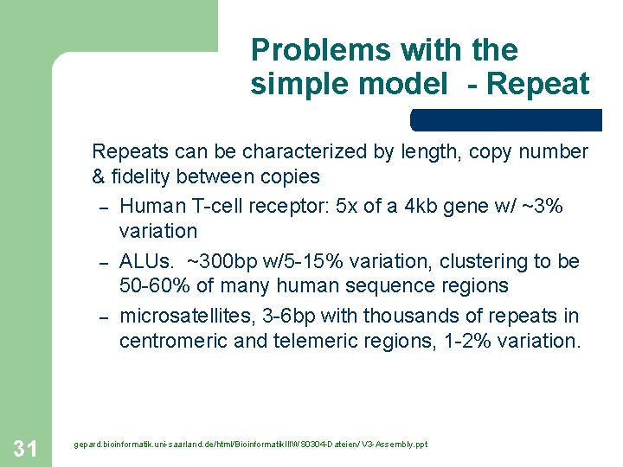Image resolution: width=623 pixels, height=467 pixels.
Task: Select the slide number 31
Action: tap(26, 447)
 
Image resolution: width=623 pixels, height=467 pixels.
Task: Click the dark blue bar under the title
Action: tap(506, 119)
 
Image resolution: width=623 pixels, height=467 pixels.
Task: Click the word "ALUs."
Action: tap(148, 261)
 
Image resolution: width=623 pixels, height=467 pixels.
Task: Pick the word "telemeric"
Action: tap(311, 341)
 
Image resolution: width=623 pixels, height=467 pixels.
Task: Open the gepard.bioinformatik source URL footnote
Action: tap(250, 445)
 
